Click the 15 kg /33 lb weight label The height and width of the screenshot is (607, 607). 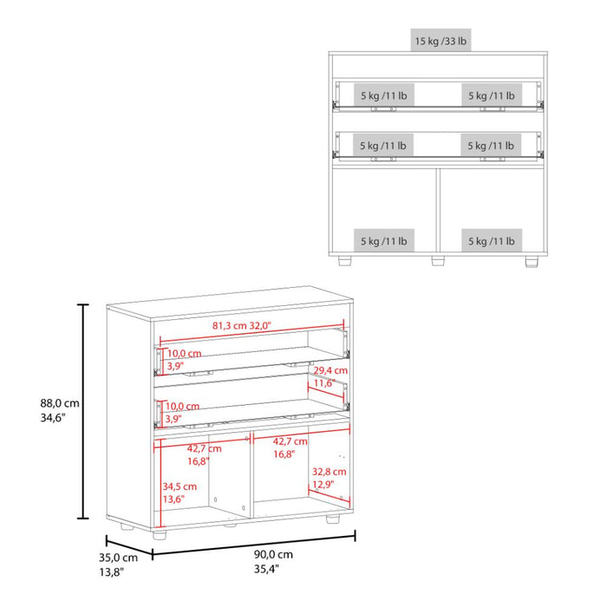pos(441,41)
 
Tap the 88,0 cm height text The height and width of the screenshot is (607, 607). pos(60,403)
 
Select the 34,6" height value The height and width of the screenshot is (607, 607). pos(53,418)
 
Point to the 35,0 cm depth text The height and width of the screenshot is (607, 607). pos(118,558)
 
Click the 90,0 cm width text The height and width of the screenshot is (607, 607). pos(273,554)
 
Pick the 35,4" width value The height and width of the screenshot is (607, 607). pos(267,569)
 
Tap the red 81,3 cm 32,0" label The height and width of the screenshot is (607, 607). pos(242,325)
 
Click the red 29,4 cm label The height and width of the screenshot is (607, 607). pos(330,370)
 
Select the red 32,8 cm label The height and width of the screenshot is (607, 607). pos(330,472)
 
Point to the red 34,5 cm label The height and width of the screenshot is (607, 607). pos(179,486)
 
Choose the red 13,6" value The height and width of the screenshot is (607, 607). pos(173,499)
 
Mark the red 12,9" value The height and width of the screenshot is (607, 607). pos(323,484)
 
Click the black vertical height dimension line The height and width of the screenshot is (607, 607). pos(83,411)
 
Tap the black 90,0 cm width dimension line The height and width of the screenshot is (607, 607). pos(254,545)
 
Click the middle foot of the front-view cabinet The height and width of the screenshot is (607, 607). pos(438,260)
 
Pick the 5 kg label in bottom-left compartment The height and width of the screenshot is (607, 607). pos(384,241)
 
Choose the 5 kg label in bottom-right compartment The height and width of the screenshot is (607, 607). pos(492,241)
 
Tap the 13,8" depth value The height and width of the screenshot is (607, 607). pos(112,571)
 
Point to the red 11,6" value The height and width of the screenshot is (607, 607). pos(324,383)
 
